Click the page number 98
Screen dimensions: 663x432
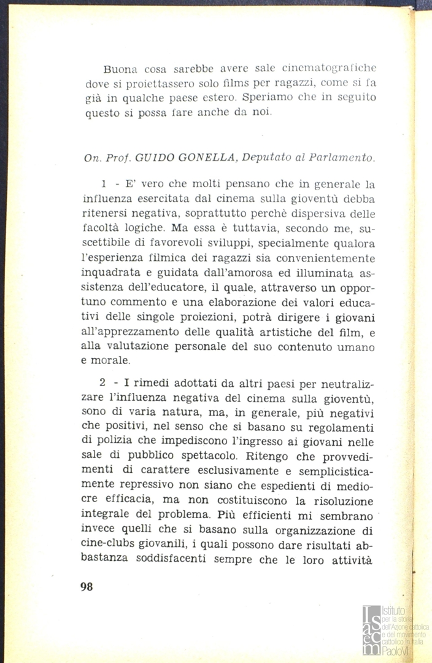coord(87,586)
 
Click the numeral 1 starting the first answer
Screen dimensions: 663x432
coord(105,185)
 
